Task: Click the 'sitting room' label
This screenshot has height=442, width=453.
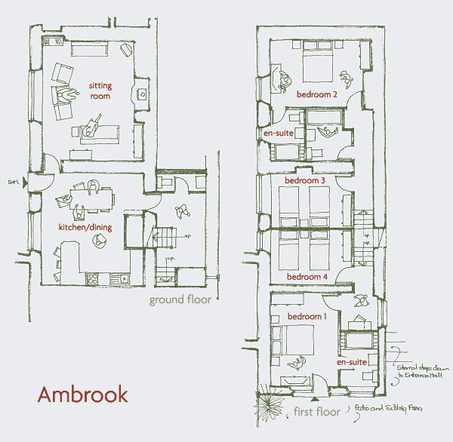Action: pyautogui.click(x=100, y=91)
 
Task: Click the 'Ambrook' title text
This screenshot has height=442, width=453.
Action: pyautogui.click(x=83, y=394)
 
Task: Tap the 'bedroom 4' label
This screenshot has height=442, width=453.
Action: pyautogui.click(x=306, y=277)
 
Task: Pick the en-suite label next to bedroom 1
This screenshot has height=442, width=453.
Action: pyautogui.click(x=353, y=362)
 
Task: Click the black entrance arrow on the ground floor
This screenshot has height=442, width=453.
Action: pyautogui.click(x=26, y=182)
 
